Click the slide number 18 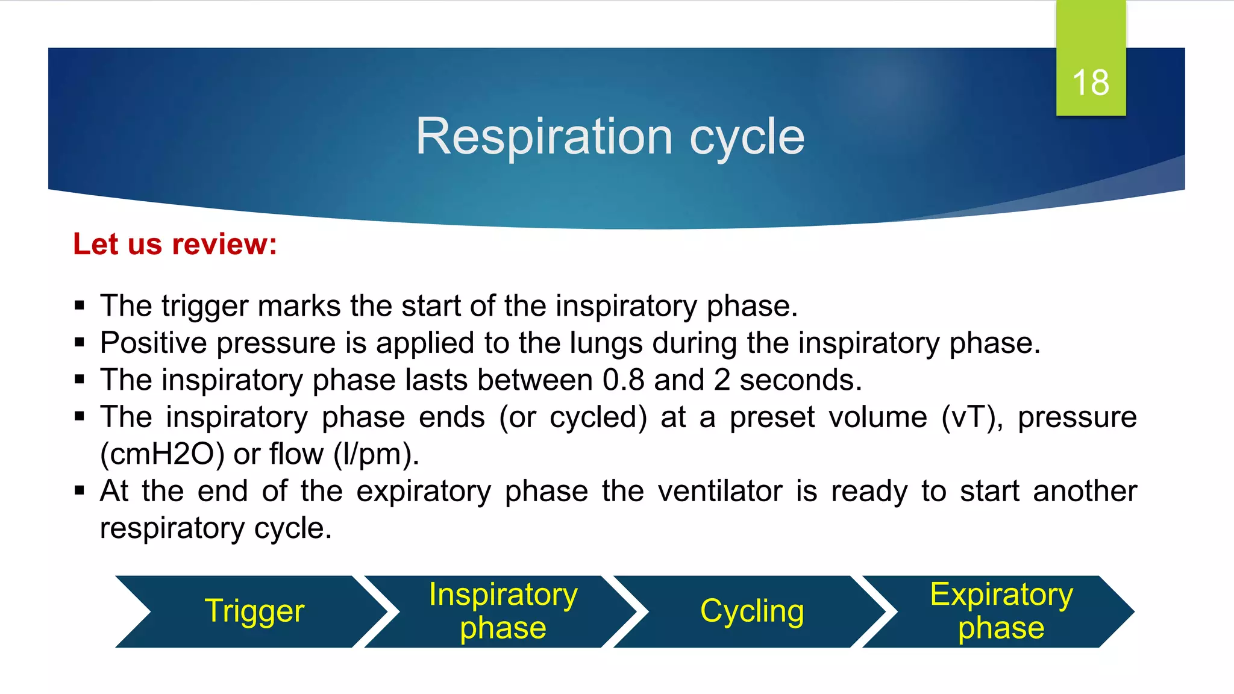pos(1091,83)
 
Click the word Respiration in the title pos(543,137)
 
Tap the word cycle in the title pos(747,137)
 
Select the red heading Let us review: pos(175,244)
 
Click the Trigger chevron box pos(254,611)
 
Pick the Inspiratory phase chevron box pos(503,611)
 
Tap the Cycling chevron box pos(751,611)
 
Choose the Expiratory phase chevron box pos(1001,611)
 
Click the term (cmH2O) pos(161,454)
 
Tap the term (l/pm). pos(376,454)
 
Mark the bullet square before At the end pos(80,490)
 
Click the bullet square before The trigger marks pos(80,305)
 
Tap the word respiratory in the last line pos(172,528)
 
